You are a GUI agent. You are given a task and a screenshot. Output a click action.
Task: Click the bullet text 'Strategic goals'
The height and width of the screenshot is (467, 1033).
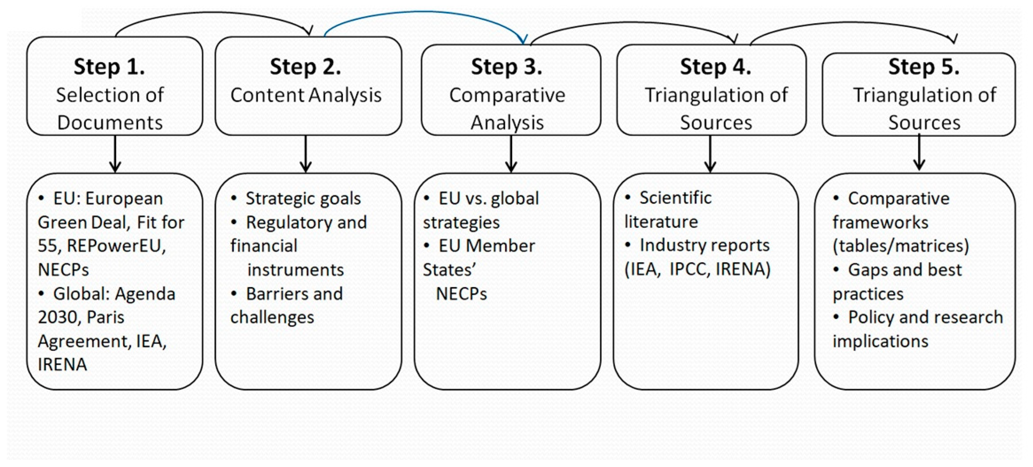pyautogui.click(x=303, y=198)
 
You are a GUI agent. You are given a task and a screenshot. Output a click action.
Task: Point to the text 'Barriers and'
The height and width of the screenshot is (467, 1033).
pyautogui.click(x=294, y=294)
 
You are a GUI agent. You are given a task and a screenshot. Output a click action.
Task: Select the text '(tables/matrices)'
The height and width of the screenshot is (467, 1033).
pyautogui.click(x=901, y=246)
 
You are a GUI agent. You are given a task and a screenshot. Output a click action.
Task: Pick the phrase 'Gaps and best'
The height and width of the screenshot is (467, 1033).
pyautogui.click(x=905, y=270)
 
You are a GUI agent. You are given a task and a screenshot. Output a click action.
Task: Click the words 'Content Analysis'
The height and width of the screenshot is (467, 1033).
pyautogui.click(x=305, y=95)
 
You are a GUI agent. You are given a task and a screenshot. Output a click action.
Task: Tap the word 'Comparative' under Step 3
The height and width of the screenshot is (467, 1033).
pyautogui.click(x=507, y=95)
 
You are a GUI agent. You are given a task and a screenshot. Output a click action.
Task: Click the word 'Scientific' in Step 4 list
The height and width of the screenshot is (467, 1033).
pyautogui.click(x=675, y=197)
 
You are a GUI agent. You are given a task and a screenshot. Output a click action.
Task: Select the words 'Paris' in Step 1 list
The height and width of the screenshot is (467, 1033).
pyautogui.click(x=105, y=317)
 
